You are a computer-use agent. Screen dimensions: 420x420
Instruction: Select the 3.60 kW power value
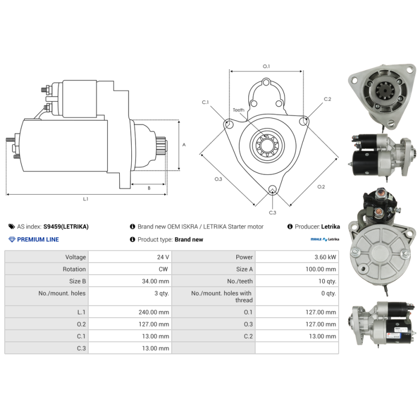point(325,257)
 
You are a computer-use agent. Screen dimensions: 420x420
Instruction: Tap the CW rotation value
point(163,269)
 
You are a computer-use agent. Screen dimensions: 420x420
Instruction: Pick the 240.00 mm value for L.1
point(154,312)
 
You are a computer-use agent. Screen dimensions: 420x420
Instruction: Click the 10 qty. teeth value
point(327,281)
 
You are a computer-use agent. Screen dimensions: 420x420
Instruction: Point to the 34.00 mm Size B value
point(155,281)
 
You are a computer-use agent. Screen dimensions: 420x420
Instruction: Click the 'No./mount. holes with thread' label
point(222,297)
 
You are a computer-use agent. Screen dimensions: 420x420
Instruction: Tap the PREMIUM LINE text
point(38,239)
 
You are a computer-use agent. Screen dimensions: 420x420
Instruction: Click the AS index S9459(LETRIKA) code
point(66,227)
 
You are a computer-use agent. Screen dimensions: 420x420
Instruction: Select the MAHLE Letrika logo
point(324,239)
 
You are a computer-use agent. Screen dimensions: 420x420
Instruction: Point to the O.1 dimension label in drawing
point(266,66)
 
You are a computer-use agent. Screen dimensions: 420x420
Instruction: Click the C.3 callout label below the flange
point(272,213)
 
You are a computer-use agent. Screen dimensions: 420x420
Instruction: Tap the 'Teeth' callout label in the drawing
point(238,110)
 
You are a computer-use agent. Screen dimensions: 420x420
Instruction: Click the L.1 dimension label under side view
point(86,199)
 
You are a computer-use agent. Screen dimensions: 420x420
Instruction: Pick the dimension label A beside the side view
point(184,145)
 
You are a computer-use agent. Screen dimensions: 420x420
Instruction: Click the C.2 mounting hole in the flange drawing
point(303,121)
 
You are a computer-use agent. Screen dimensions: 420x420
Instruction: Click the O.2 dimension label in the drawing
point(321,187)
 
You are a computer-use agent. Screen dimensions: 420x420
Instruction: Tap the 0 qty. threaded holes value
point(329,293)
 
